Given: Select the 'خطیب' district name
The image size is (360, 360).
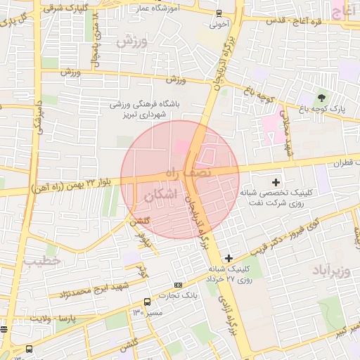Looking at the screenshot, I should coord(41,262).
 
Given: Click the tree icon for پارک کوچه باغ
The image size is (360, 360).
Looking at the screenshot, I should coord(322,98).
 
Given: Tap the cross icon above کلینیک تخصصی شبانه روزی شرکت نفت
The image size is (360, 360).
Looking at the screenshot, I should coord(285,183).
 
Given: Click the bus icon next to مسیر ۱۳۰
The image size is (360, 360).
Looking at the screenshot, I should coord(147,302).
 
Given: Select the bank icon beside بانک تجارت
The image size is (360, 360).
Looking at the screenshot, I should coord(178,285).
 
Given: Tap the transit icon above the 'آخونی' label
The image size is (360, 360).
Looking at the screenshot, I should coord(219,13).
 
